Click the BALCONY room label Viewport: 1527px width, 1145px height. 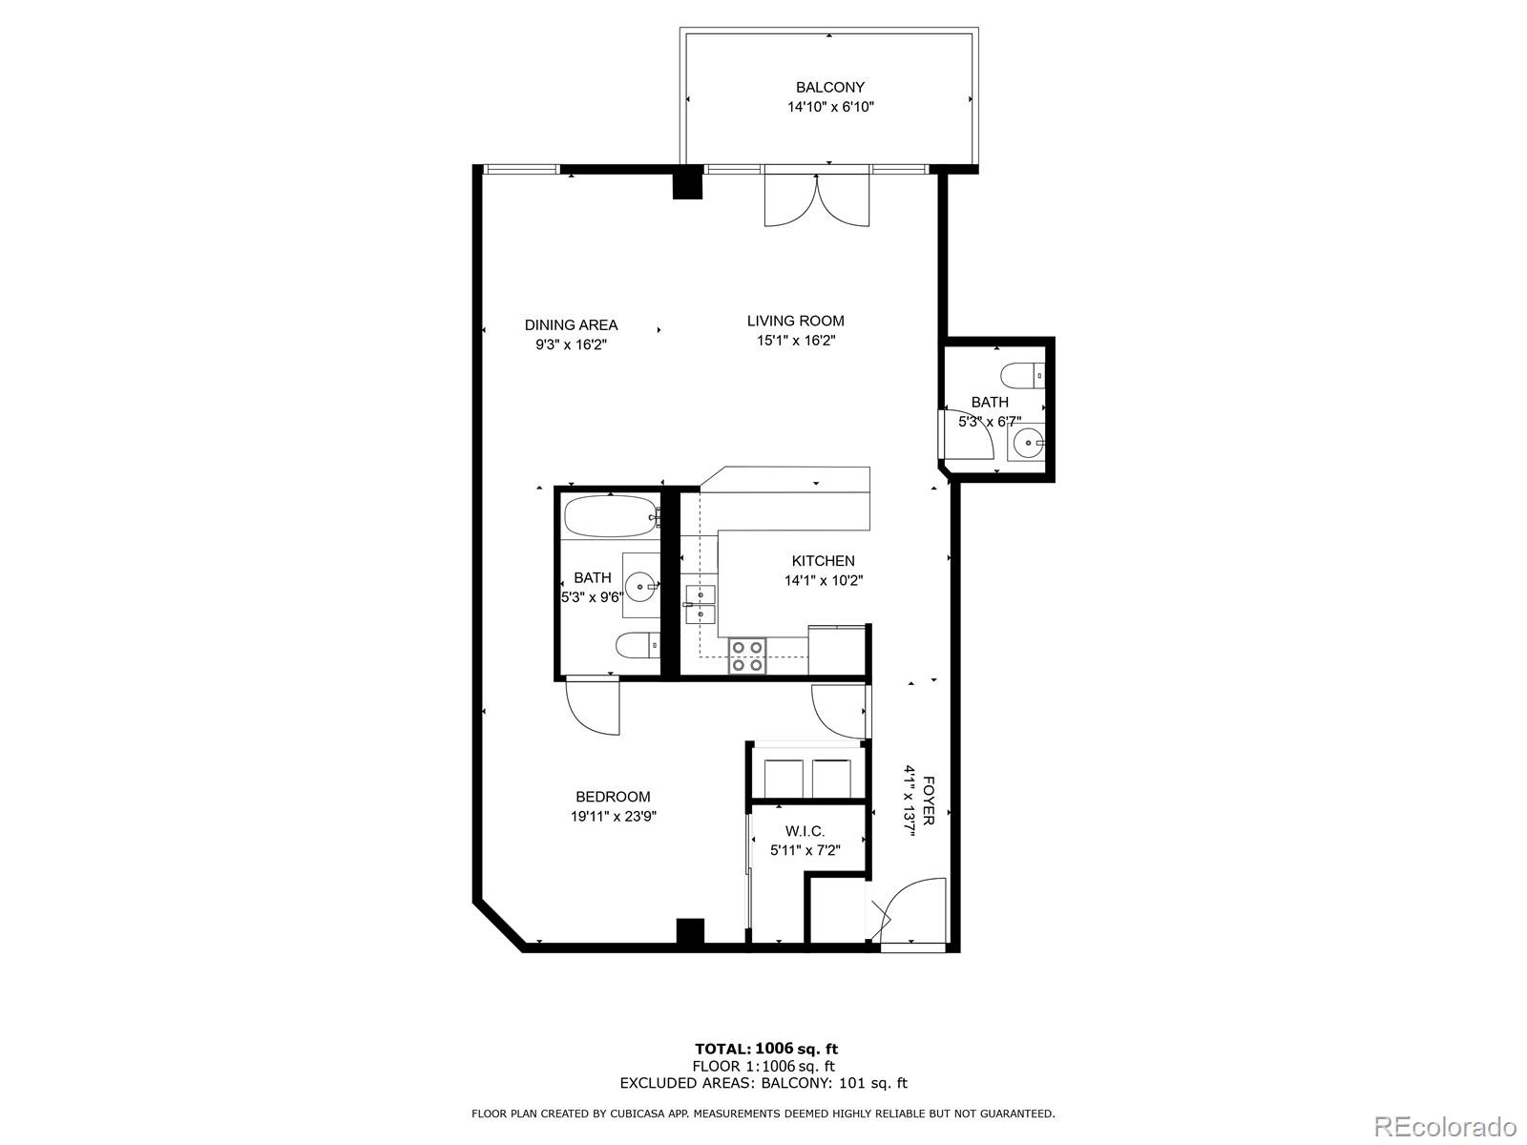click(x=830, y=87)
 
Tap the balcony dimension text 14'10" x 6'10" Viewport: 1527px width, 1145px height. click(x=830, y=107)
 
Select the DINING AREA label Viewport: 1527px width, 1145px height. click(x=571, y=324)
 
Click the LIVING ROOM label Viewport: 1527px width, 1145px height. click(x=795, y=321)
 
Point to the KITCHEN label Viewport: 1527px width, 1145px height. click(x=823, y=561)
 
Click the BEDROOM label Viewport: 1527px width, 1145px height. click(x=613, y=797)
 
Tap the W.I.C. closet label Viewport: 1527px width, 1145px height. click(x=805, y=832)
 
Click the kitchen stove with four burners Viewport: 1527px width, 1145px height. click(x=746, y=656)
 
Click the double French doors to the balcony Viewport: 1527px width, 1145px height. click(x=817, y=200)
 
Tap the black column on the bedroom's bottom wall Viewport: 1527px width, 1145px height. click(x=690, y=931)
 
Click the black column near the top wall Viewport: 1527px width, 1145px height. click(x=687, y=183)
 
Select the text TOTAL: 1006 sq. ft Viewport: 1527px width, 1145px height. click(x=766, y=1050)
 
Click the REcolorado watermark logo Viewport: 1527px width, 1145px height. click(x=1443, y=1126)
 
